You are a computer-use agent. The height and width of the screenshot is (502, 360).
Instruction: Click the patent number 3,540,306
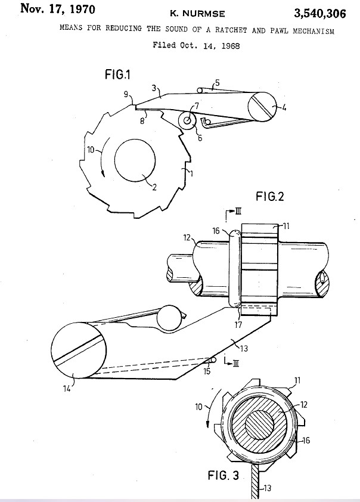coord(319,14)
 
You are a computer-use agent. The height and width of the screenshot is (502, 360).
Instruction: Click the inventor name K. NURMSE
coord(197,14)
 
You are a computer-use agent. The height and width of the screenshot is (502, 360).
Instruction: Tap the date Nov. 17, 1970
coord(58,8)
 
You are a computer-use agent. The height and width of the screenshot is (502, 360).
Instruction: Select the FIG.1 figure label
coord(117,75)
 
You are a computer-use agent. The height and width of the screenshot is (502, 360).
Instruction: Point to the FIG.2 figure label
coord(270,196)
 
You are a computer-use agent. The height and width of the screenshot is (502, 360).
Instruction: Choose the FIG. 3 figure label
coord(224,475)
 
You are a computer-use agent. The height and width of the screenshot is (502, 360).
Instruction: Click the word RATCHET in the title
coord(231,30)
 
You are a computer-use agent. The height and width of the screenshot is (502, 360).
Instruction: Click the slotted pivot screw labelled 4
coord(262,106)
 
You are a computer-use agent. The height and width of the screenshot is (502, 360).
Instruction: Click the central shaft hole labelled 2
coord(135,159)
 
